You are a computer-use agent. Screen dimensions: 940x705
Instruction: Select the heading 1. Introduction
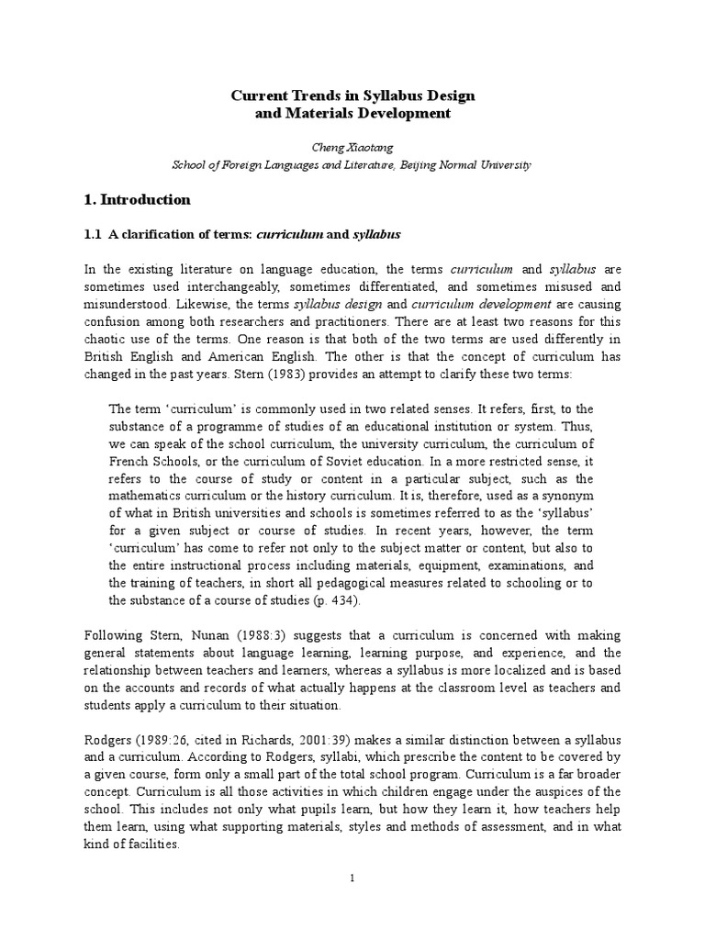(x=137, y=199)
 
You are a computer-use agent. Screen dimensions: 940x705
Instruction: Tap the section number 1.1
(x=92, y=235)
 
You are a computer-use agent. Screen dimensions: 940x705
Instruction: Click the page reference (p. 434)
(x=334, y=601)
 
